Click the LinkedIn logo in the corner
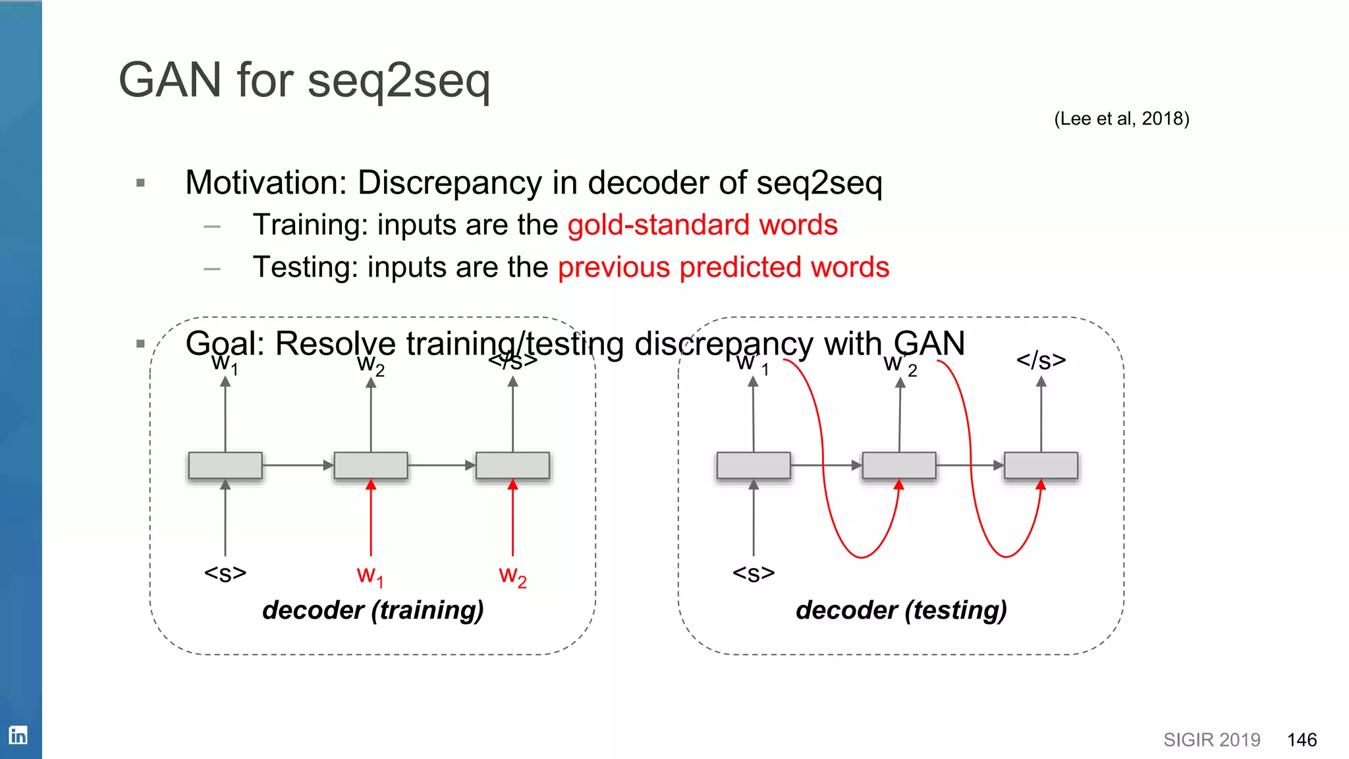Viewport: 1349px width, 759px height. coord(18,735)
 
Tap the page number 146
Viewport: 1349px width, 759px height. coord(1302,740)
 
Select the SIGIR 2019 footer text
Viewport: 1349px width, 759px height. coord(1211,740)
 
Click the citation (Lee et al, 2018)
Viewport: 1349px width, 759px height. coord(1121,119)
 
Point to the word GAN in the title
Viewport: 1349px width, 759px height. coord(170,80)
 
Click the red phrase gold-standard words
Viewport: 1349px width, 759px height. coord(702,225)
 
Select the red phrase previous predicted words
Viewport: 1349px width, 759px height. coord(723,267)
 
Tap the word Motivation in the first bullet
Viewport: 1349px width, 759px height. coord(266,183)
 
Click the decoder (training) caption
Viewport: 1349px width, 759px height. coord(373,610)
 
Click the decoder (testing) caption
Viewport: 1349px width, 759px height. coord(901,610)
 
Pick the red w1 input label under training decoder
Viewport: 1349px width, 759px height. coord(370,575)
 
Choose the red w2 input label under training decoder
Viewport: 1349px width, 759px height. coord(512,575)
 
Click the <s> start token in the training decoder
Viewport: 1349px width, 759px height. coord(225,573)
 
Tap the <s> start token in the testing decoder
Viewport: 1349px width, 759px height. coord(754,573)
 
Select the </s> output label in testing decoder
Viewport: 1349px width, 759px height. coord(1041,360)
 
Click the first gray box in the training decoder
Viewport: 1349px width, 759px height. coord(225,465)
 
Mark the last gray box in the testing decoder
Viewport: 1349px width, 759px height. coord(1041,465)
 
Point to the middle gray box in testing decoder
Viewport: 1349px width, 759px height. coord(899,465)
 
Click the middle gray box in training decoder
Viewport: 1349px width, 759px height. coord(371,465)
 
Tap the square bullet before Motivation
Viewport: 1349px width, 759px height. coord(140,183)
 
